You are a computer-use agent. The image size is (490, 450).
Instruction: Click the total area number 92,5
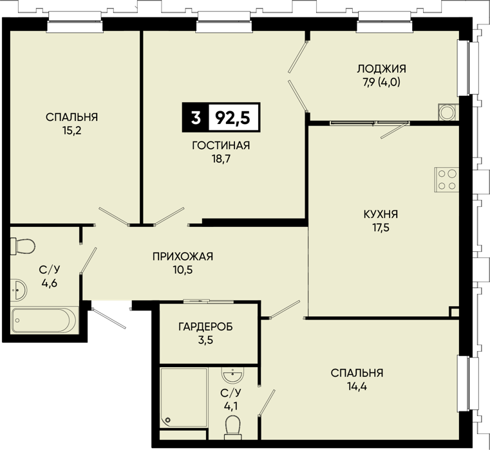[x=233, y=118]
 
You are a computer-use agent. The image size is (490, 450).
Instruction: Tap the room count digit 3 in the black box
[x=196, y=118]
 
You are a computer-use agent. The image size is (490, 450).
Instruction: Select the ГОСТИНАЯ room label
[x=221, y=145]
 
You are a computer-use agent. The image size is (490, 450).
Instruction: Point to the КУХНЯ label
[x=381, y=214]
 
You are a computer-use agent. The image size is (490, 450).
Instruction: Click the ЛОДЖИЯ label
[x=382, y=69]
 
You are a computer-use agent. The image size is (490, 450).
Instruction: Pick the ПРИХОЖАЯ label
[x=183, y=256]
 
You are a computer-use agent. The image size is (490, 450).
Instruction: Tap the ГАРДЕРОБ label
[x=205, y=327]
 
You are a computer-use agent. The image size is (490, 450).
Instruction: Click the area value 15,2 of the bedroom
[x=72, y=130]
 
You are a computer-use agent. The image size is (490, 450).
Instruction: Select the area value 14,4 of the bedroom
[x=357, y=386]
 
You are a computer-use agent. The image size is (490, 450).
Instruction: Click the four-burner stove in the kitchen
[x=447, y=180]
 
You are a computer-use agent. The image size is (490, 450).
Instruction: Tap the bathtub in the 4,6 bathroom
[x=44, y=321]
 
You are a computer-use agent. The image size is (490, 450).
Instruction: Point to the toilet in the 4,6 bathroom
[x=23, y=246]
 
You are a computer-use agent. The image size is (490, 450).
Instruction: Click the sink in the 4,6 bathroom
[x=19, y=290]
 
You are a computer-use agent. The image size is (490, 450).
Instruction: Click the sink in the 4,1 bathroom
[x=232, y=375]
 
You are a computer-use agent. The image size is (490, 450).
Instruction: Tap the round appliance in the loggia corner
[x=448, y=112]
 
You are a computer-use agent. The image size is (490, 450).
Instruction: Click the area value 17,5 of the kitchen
[x=381, y=228]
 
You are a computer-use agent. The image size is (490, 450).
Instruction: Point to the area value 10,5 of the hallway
[x=183, y=270]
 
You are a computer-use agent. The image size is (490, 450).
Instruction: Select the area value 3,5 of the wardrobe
[x=205, y=340]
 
